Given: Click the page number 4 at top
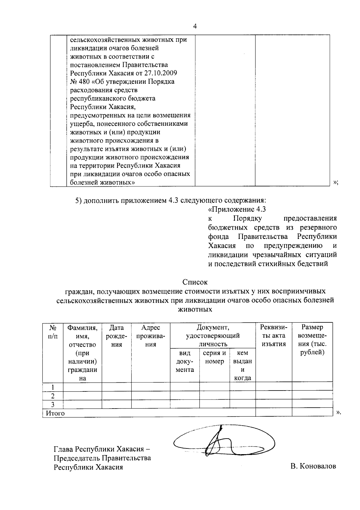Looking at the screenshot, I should click(x=195, y=26).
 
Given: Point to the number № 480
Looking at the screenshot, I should click(x=79, y=82).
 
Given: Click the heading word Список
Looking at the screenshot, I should click(x=195, y=282).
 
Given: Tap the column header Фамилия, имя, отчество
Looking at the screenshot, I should click(x=82, y=336).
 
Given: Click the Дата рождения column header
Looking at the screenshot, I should click(x=116, y=336).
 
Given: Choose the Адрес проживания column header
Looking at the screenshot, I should click(x=151, y=336).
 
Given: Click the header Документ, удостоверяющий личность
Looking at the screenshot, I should click(x=213, y=336).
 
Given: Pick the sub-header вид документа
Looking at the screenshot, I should click(x=185, y=361).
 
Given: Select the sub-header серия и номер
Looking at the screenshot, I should click(x=214, y=357).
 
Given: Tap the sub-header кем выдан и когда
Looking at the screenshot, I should click(x=242, y=365).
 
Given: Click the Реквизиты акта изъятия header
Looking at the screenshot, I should click(x=274, y=336).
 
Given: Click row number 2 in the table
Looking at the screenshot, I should click(x=53, y=396).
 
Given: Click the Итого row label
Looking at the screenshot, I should click(x=55, y=413).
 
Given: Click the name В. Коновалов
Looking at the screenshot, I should click(x=313, y=466).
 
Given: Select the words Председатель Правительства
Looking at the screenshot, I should click(x=102, y=458).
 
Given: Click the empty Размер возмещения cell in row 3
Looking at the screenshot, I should click(x=312, y=404).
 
